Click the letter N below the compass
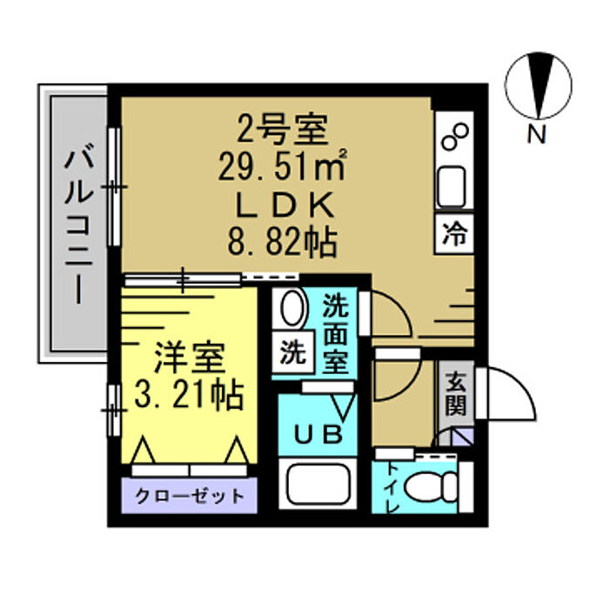point(537,134)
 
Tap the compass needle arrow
point(539,85)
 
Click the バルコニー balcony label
point(79,226)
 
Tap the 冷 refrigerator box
point(454,234)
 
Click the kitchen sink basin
point(452,188)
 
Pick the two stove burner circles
point(455,137)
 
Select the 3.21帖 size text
point(189,395)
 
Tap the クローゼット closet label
point(189,496)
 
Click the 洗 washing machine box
point(293,352)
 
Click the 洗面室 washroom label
point(336,333)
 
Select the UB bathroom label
point(318,434)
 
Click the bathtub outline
point(318,485)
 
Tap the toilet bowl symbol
point(432,486)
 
